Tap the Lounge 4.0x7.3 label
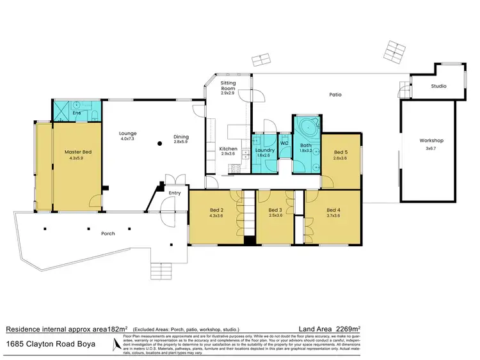tap(129, 136)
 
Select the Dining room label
tap(181, 136)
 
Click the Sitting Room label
tap(228, 87)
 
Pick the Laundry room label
tap(264, 151)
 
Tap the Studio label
tap(438, 86)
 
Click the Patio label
tap(335, 95)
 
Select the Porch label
tap(108, 233)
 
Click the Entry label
tap(175, 192)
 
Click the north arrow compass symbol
tap(116, 345)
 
